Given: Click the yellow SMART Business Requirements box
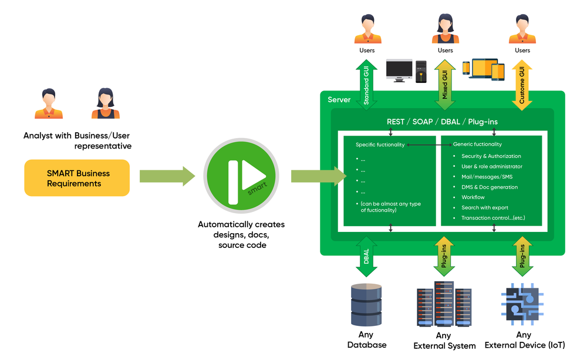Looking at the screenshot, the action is coord(77,178).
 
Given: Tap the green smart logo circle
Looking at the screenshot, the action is coord(241,176).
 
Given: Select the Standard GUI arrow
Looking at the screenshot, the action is coord(366,85).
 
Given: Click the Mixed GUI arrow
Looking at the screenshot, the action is coord(445,85).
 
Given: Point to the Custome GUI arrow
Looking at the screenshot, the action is coord(522,85).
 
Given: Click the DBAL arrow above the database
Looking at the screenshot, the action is coord(366,257).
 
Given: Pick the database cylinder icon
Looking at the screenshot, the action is coord(366,305).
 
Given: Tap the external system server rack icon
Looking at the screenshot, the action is coord(444,304).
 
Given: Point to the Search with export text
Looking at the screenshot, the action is coord(485,207).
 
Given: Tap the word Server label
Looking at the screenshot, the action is coord(339,100).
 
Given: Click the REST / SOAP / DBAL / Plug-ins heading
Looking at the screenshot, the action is coord(442,122).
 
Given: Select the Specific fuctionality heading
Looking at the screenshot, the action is coord(380,144).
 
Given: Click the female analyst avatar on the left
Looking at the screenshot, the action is coord(106,103).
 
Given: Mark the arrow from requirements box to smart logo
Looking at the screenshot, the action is coord(167,176).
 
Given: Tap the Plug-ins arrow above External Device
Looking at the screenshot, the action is coord(522,257).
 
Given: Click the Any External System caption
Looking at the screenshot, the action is coord(444,341).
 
